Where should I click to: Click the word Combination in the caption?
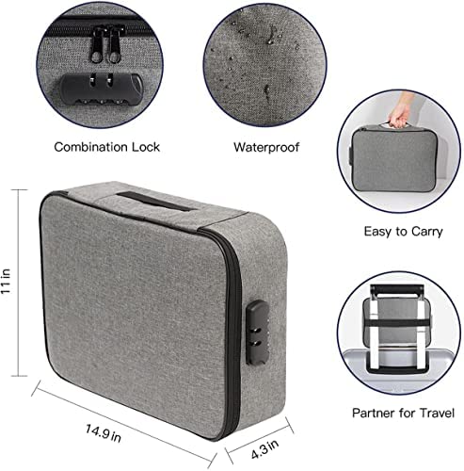[90, 147]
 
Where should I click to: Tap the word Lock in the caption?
[146, 147]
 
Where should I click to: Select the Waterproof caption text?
[266, 147]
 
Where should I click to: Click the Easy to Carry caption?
[403, 232]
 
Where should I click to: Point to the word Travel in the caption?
[437, 413]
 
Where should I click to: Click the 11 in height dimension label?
[7, 282]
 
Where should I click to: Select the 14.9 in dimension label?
[104, 432]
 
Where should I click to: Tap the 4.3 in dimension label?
[264, 449]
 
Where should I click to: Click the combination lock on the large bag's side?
[257, 333]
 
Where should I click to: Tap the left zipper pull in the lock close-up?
[98, 44]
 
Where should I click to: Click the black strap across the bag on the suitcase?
[397, 323]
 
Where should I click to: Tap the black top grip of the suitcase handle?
[396, 289]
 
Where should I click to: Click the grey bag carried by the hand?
[392, 159]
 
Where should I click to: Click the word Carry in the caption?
[427, 232]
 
